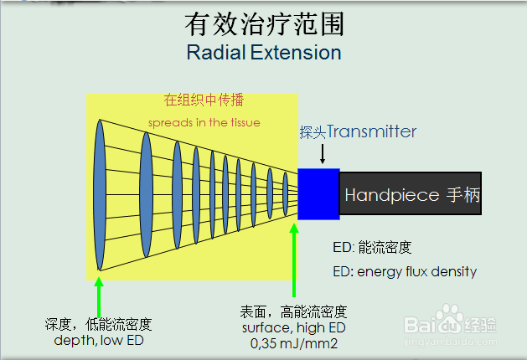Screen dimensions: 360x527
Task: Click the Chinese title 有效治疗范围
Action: pyautogui.click(x=263, y=23)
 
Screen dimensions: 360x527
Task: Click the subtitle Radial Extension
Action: pyautogui.click(x=263, y=53)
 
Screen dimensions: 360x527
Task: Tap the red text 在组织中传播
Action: pyautogui.click(x=204, y=100)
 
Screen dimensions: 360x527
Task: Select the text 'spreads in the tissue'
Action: pyautogui.click(x=204, y=122)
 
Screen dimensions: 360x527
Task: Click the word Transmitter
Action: pyautogui.click(x=371, y=131)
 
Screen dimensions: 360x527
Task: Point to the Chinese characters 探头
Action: pyautogui.click(x=313, y=132)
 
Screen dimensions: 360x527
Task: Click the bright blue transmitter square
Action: pyautogui.click(x=318, y=193)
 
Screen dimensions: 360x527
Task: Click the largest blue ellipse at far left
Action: pyautogui.click(x=100, y=194)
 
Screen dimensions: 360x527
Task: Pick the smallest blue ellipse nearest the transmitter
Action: pyautogui.click(x=286, y=193)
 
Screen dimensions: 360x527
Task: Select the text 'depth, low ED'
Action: pyautogui.click(x=98, y=341)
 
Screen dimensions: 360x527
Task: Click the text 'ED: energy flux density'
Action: pyautogui.click(x=405, y=271)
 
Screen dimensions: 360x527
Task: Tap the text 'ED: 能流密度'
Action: pyautogui.click(x=372, y=248)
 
